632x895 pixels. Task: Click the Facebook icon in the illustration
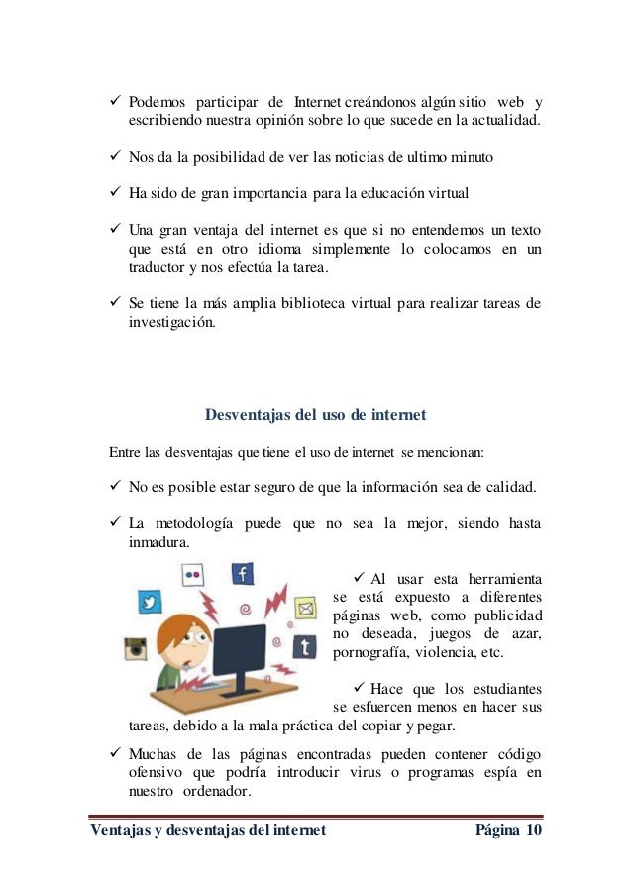pyautogui.click(x=243, y=574)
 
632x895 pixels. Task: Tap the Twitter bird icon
pyautogui.click(x=150, y=602)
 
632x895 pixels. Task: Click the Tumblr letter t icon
pyautogui.click(x=305, y=647)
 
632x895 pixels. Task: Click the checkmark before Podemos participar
pyautogui.click(x=112, y=103)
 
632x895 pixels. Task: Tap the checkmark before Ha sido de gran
pyautogui.click(x=112, y=192)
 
